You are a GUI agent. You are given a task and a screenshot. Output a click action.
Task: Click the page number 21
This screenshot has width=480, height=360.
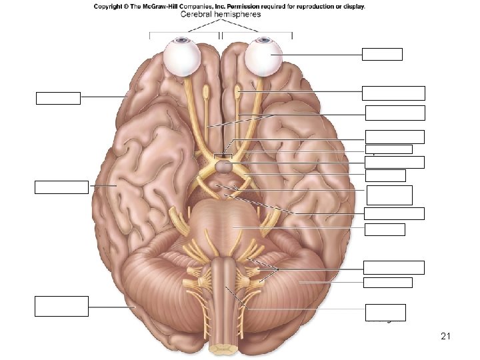[446, 337]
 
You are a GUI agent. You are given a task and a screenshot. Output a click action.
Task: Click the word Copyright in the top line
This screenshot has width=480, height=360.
[110, 7]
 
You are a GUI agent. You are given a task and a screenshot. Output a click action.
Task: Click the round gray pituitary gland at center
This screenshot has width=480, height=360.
[223, 169]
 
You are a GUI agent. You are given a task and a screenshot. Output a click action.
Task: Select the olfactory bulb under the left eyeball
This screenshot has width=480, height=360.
[207, 89]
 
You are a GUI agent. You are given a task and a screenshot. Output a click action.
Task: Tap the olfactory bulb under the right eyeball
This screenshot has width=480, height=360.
[239, 88]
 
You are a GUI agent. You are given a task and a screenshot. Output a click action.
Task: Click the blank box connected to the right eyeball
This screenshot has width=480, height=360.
[382, 54]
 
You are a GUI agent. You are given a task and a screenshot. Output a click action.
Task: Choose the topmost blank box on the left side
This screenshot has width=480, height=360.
[58, 98]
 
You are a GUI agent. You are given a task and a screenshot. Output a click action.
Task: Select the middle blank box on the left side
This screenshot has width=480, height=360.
[62, 187]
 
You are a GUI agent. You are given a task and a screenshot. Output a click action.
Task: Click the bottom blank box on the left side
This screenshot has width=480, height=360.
[62, 306]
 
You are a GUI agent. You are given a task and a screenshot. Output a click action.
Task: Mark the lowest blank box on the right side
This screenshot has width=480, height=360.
[385, 312]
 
